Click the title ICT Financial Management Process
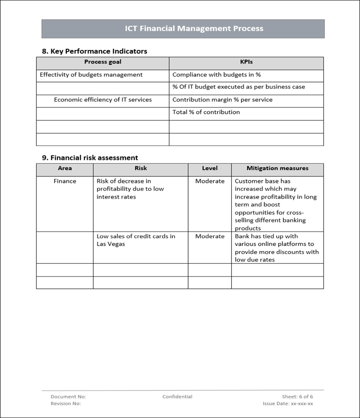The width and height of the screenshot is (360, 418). coord(194,29)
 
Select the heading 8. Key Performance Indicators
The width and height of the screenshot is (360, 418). coord(94,51)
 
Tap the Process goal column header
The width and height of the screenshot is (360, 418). coord(103,62)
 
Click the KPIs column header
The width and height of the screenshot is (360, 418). coord(246,62)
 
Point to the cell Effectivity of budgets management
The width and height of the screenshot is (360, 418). coord(91,75)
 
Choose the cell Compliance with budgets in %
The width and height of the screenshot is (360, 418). coord(216,75)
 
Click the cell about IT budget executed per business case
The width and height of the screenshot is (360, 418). coord(239,87)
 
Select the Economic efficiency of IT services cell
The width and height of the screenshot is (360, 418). coord(103,100)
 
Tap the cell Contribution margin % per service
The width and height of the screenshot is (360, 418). coord(222,100)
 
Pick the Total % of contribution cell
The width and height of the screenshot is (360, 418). coord(206,112)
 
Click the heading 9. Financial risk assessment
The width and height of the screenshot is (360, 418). coord(90,158)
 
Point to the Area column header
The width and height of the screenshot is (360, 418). coord(65,168)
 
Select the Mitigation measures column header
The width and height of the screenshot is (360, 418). coord(277,168)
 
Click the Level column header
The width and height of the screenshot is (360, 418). coord(210,168)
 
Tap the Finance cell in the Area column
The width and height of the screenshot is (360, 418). coord(65,181)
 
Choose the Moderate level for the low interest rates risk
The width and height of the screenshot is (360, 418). coord(210,181)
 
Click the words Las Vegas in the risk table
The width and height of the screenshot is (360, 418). coord(111,244)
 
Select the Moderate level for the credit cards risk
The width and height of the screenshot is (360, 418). coord(210,236)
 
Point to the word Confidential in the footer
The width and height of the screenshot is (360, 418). coord(177,397)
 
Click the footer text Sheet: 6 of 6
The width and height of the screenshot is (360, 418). coord(297,397)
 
